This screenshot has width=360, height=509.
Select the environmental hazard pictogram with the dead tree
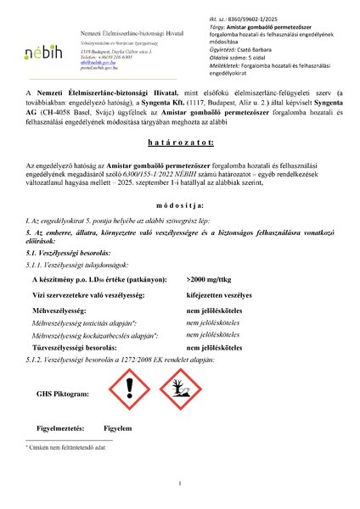(x=175, y=394)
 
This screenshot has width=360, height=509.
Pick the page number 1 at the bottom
(x=180, y=484)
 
